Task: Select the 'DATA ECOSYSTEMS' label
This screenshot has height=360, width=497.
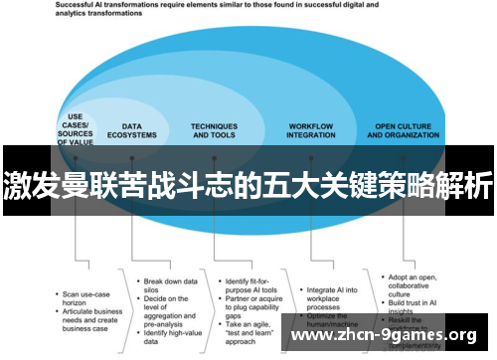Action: pyautogui.click(x=131, y=131)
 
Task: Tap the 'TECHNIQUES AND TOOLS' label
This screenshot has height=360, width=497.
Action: pyautogui.click(x=215, y=131)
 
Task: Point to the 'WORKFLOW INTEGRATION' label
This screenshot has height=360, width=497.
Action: pyautogui.click(x=311, y=131)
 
